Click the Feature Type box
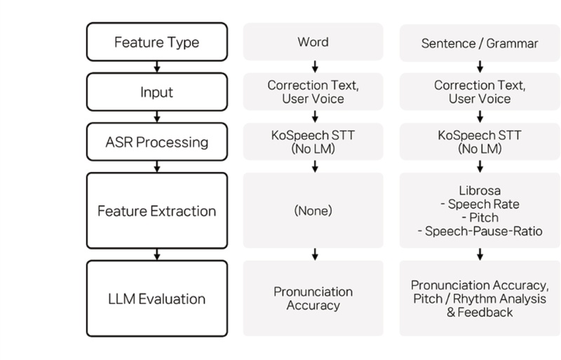pos(157,42)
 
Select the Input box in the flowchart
pos(157,92)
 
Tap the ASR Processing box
pos(157,142)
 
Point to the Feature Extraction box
pos(157,211)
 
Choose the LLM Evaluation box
pos(157,299)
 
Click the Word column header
pos(313,42)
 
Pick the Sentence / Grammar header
pos(480,43)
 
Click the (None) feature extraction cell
pos(313,211)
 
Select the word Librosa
pos(480,190)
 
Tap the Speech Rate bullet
pos(480,204)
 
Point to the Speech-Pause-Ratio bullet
pos(480,231)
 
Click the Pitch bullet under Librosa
pos(480,217)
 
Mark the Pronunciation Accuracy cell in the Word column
pos(313,298)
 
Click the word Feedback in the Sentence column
pos(487,312)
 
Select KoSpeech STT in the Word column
pos(313,135)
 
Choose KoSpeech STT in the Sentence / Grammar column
pos(480,135)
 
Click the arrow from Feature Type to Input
pos(157,67)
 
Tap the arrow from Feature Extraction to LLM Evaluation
pos(157,253)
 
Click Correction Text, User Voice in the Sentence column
pos(480,92)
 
